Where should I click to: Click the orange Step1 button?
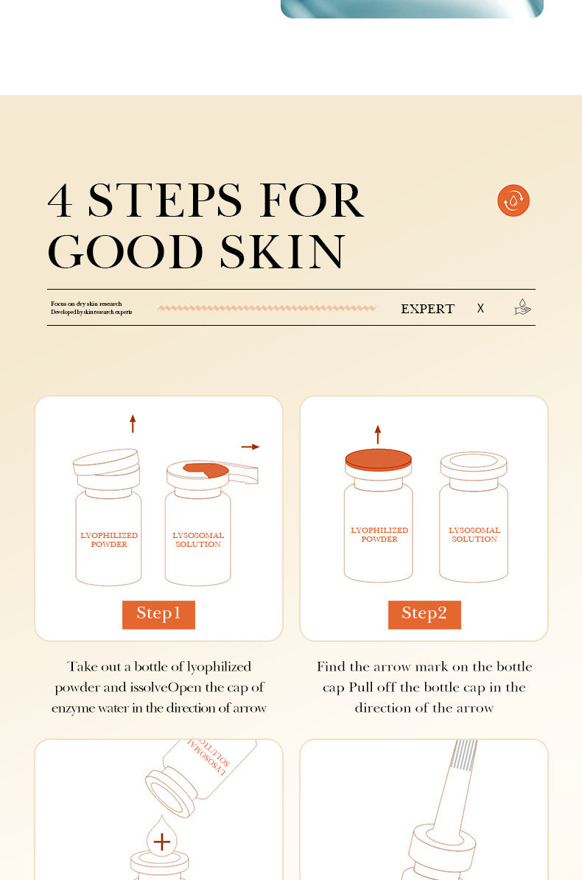point(158,614)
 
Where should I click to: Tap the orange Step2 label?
point(424,614)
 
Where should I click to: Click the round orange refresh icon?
point(513,200)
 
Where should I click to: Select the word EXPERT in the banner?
point(427,309)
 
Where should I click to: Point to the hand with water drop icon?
point(522,307)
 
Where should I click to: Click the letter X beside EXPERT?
point(480,309)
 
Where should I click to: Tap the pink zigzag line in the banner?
point(267,308)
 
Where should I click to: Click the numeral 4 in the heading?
point(60,200)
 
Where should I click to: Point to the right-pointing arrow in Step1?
point(250,447)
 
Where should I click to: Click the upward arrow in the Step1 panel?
point(133,424)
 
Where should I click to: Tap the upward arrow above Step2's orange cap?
point(378,434)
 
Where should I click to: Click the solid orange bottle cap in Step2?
point(379,459)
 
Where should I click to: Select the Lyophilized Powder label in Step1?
point(109,539)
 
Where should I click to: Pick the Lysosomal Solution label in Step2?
point(474,534)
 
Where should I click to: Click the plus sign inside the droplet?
point(161,842)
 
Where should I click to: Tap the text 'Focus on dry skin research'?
point(86,304)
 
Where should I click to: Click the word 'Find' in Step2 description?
point(332,666)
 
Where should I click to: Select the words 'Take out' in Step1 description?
point(94,666)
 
